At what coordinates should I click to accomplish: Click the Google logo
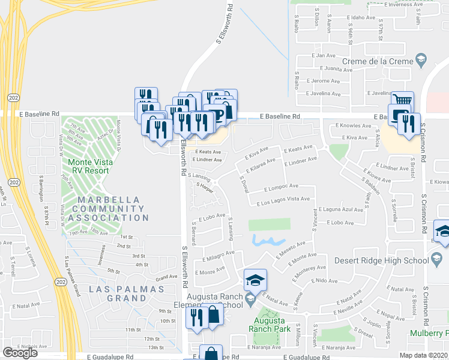click(x=20, y=353)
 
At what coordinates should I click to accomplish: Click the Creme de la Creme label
click(x=378, y=61)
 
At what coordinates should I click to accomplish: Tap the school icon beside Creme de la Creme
click(x=421, y=60)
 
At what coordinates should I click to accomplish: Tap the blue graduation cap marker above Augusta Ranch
click(x=255, y=280)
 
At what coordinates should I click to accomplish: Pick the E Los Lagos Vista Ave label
click(x=283, y=199)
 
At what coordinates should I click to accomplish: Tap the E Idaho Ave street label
click(x=362, y=18)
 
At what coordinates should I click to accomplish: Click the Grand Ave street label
click(x=166, y=278)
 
